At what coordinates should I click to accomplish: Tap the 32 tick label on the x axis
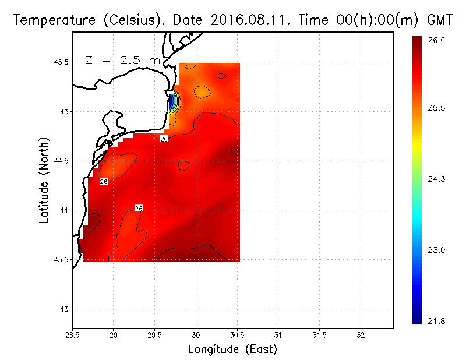click(361, 336)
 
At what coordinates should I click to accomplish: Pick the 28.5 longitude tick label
click(72, 336)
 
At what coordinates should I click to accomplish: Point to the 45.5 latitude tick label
click(60, 62)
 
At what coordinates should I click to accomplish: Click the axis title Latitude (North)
click(44, 181)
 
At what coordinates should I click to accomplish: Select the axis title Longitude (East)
click(232, 350)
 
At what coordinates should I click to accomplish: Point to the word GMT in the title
click(440, 20)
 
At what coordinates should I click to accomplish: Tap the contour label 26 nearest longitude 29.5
click(164, 139)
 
